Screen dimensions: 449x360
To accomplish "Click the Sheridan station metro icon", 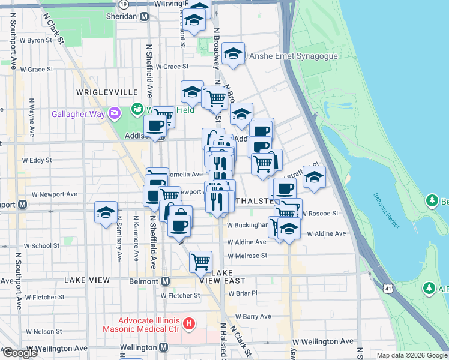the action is click(x=144, y=17).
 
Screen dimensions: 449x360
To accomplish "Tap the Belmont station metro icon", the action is click(x=166, y=281).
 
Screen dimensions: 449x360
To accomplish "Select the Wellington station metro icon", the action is click(x=163, y=347).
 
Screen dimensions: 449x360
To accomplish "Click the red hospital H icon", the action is click(x=189, y=325).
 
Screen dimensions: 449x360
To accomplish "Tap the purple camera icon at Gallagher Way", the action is click(x=114, y=113).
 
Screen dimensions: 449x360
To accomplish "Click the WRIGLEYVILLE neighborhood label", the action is click(x=107, y=92).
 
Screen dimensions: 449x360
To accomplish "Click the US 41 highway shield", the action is click(x=389, y=289).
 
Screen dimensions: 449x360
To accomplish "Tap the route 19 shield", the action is click(x=123, y=4).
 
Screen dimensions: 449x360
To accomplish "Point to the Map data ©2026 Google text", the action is click(x=412, y=355).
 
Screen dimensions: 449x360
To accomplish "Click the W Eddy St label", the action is click(x=37, y=161).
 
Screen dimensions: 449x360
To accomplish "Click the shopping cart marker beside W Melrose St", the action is click(x=200, y=261).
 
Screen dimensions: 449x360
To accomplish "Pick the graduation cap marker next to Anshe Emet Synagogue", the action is click(x=233, y=54).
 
